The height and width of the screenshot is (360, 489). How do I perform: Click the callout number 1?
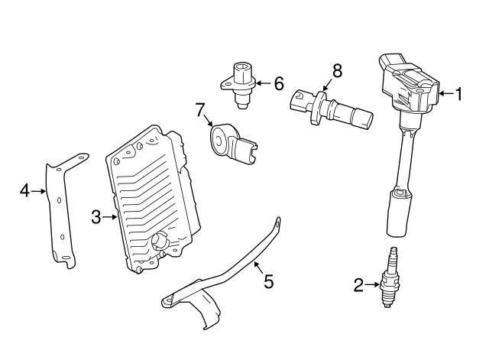[459, 95]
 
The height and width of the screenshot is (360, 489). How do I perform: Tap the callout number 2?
[358, 286]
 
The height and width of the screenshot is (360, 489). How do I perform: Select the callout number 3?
[96, 218]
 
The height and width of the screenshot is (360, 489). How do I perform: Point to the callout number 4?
[24, 190]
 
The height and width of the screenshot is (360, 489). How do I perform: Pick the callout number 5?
[268, 282]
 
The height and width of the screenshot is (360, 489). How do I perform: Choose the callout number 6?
[278, 83]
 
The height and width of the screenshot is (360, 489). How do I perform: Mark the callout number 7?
[200, 110]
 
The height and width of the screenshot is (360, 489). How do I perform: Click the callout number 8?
[336, 71]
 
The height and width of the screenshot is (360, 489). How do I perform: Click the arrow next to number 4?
[40, 190]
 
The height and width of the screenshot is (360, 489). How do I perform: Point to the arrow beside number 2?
[374, 286]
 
